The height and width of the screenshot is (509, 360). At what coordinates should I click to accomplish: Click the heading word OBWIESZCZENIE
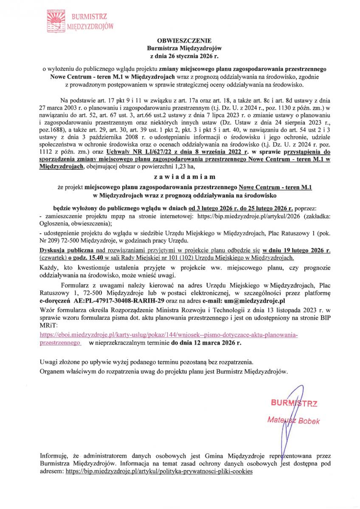[184, 41]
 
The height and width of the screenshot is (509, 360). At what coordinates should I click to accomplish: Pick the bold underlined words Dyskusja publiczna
[64, 250]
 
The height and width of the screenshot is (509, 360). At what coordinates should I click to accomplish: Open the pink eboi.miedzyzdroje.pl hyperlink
[168, 335]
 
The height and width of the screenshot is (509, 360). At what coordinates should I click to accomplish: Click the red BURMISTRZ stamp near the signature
[294, 403]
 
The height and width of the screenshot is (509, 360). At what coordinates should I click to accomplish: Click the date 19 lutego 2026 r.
[297, 250]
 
